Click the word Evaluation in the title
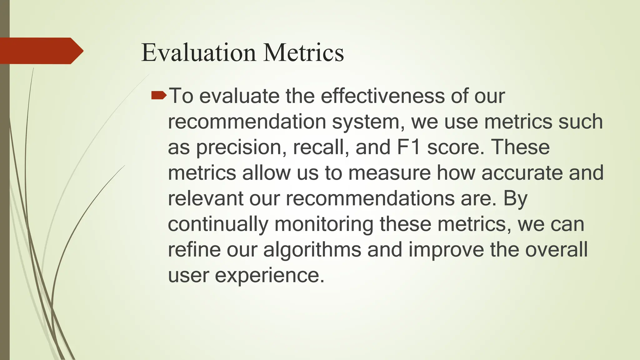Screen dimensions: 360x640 199,52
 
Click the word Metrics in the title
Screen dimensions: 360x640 303,52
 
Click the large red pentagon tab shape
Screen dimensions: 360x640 41,51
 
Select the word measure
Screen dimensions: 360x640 389,173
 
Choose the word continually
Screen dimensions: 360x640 218,224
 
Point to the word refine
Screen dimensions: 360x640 194,250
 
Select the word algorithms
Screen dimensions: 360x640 312,250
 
